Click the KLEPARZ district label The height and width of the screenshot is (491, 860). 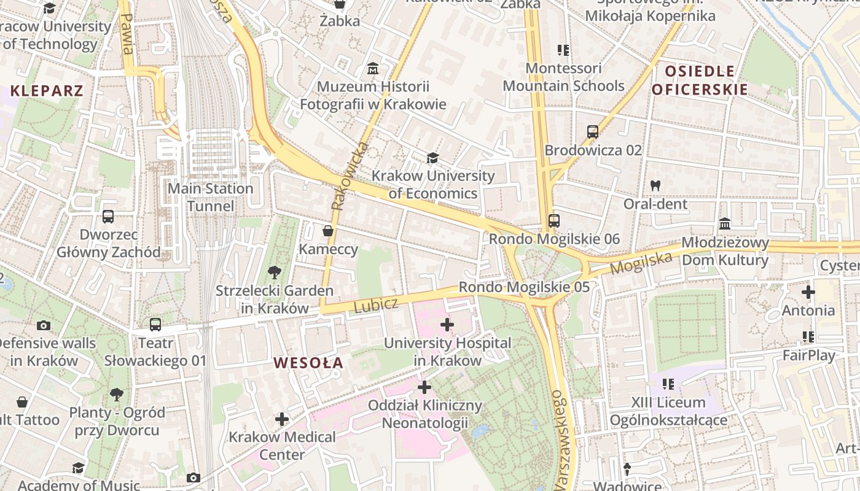click(47, 91)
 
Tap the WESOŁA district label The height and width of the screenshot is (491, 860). click(308, 363)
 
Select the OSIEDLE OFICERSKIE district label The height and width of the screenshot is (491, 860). click(700, 80)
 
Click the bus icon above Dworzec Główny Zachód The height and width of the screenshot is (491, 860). click(108, 217)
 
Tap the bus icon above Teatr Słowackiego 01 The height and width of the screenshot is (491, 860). click(155, 324)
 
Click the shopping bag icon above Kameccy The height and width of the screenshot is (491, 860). click(328, 231)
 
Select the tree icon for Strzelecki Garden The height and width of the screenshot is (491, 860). click(274, 272)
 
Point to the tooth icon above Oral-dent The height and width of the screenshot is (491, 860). click(655, 185)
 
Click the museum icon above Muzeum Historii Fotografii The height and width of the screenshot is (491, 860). click(372, 68)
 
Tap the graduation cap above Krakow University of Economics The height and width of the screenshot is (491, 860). click(432, 158)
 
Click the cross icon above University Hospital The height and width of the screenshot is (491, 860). click(447, 325)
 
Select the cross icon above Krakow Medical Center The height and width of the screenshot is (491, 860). click(282, 419)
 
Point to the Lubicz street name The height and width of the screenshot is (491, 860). click(376, 305)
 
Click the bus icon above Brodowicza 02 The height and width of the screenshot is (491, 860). click(593, 131)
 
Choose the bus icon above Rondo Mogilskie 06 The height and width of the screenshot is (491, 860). click(554, 220)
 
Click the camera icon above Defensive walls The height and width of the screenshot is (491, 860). click(44, 325)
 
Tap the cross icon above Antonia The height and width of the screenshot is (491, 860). click(808, 292)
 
